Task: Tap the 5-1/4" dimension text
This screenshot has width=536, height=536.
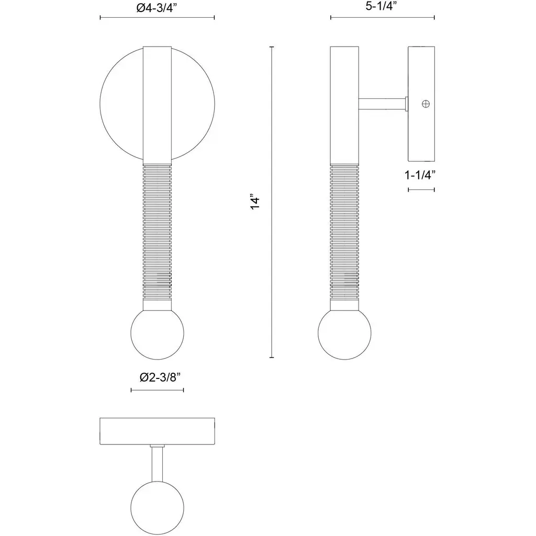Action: (x=381, y=6)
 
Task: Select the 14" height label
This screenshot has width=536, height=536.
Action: (x=255, y=203)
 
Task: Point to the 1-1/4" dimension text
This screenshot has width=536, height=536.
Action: (x=420, y=175)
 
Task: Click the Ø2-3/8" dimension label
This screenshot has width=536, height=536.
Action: (x=160, y=377)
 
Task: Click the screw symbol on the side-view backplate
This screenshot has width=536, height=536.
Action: (x=426, y=104)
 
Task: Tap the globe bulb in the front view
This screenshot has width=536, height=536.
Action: (x=157, y=333)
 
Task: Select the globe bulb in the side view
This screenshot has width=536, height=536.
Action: (x=344, y=333)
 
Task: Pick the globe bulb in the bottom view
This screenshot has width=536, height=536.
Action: (x=157, y=508)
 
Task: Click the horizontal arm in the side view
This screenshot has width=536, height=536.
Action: (x=382, y=104)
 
